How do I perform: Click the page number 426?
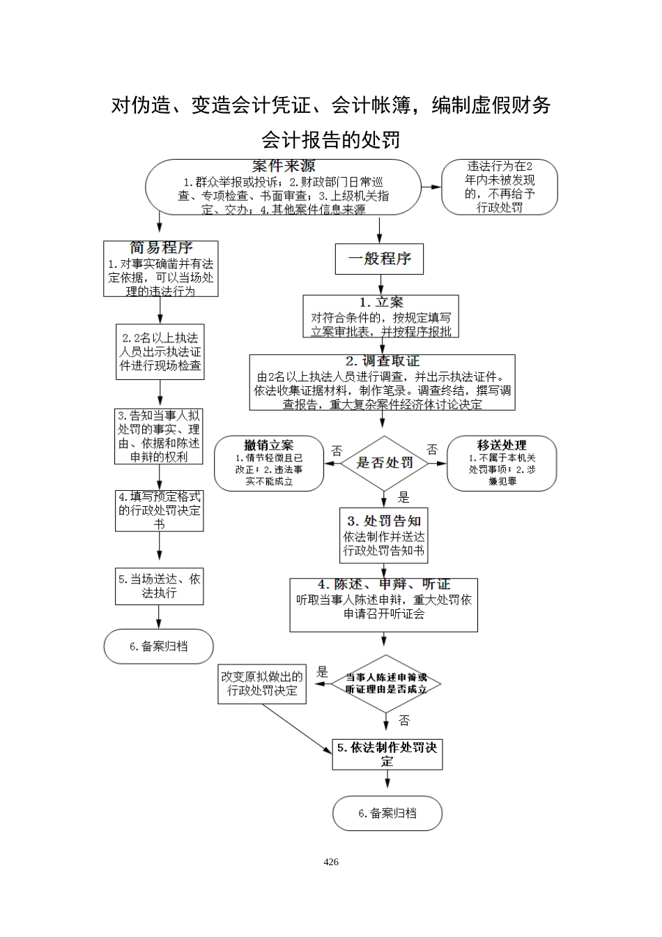click(x=331, y=862)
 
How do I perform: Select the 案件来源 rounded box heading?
click(x=283, y=167)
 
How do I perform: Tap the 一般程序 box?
click(x=379, y=259)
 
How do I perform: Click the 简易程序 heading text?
click(x=161, y=247)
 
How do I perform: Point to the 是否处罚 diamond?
click(x=385, y=463)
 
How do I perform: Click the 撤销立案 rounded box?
click(x=269, y=463)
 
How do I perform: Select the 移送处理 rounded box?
click(x=502, y=463)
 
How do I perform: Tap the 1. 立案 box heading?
click(x=381, y=303)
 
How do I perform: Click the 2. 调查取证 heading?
click(x=383, y=361)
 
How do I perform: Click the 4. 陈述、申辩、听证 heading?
click(x=384, y=585)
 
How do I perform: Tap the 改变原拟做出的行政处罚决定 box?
click(x=262, y=684)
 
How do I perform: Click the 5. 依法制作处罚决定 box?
click(x=387, y=754)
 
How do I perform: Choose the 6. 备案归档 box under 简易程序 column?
click(x=158, y=646)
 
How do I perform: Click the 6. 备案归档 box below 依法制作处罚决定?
click(x=387, y=813)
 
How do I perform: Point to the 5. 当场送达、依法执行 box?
click(x=159, y=586)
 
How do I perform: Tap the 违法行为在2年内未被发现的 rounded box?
click(x=500, y=187)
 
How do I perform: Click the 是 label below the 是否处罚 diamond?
click(x=403, y=498)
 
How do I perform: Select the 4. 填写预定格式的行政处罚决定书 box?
click(x=159, y=510)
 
